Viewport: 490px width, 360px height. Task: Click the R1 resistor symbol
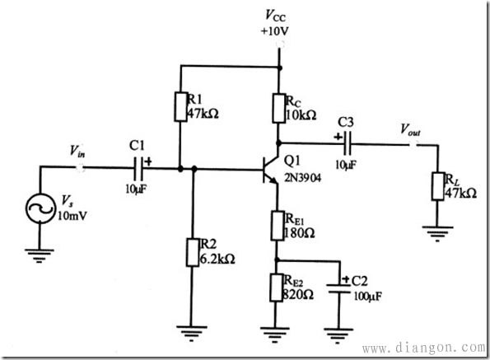[x=180, y=106]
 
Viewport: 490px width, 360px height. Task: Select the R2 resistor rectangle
[x=193, y=252]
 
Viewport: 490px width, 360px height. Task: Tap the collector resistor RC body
[x=278, y=108]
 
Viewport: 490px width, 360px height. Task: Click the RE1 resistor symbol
[x=278, y=226]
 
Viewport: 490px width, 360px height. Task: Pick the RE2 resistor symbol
[x=276, y=288]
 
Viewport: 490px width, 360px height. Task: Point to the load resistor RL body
[x=438, y=186]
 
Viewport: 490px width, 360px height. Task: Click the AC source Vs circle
[x=40, y=208]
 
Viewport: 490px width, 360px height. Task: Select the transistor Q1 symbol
[x=270, y=169]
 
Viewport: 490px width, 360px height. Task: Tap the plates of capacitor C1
[x=138, y=169]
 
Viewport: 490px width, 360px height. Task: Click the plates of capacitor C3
[x=348, y=143]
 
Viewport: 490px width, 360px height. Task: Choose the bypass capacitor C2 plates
[x=338, y=288]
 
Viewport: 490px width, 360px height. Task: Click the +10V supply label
[x=275, y=31]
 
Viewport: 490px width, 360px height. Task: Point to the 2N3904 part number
[x=302, y=178]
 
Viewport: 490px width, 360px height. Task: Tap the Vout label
[x=411, y=129]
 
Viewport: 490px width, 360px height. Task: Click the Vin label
[x=77, y=152]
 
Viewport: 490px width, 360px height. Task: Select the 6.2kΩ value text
[x=217, y=259]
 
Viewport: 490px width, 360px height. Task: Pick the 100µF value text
[x=368, y=296]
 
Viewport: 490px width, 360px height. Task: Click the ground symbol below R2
[x=192, y=333]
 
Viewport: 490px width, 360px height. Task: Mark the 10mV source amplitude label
[x=72, y=216]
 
